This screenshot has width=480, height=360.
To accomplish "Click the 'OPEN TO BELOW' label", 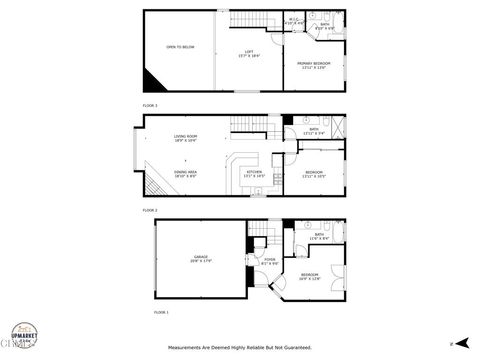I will tap(181, 47).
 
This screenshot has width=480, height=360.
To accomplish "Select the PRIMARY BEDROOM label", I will tap(314, 64).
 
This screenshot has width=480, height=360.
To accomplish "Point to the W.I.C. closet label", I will tap(295, 19).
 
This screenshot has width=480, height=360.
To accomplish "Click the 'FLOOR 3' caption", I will tap(150, 105).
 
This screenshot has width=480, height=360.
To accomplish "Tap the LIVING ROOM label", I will tap(186, 139).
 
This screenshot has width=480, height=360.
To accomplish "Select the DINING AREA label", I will tap(185, 172).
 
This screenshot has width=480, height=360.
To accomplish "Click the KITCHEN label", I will tap(255, 173).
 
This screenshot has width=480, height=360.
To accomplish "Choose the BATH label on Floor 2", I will tap(313, 130).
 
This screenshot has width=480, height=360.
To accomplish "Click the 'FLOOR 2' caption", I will tap(150, 211).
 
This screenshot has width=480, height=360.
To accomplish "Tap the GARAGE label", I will tap(201, 259).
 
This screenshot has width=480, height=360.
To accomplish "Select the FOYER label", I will tap(269, 262).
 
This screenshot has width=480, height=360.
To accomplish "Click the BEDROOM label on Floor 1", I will tap(310, 276).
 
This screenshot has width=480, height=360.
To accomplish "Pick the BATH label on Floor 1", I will tap(319, 236).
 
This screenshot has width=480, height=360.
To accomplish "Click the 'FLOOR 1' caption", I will tap(161, 313).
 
